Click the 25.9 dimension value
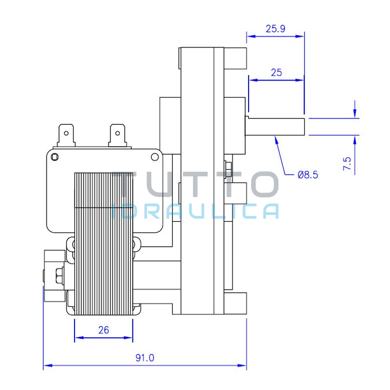point(275,29)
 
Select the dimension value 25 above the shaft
point(276,73)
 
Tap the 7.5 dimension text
point(347,163)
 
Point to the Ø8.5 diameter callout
point(308,175)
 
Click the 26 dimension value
point(103,330)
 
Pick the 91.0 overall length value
point(145,358)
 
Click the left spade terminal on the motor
point(66,136)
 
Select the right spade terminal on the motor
point(117,136)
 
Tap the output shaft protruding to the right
point(275,127)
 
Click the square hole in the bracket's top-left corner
point(55,157)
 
